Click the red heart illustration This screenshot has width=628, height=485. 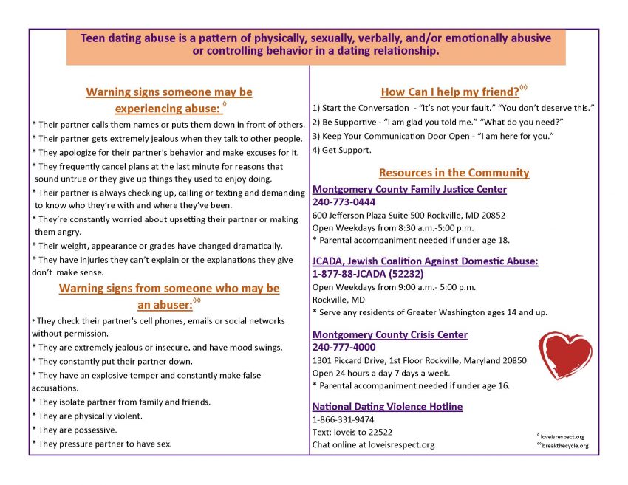(565, 354)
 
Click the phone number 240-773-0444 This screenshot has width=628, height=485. (344, 202)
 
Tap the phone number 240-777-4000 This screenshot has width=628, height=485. (344, 347)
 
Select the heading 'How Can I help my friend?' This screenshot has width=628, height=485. (450, 92)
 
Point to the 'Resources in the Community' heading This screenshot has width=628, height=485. (454, 173)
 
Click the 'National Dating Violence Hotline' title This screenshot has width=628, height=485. (387, 406)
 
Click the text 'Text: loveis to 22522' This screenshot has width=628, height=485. (352, 432)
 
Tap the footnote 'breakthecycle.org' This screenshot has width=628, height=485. (566, 446)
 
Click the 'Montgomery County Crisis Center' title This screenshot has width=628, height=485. (389, 334)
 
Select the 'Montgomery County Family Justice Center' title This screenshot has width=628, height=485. (409, 189)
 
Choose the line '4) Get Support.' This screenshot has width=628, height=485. (342, 150)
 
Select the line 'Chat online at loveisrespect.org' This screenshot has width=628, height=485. (373, 444)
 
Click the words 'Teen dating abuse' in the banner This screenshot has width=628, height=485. (122, 37)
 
